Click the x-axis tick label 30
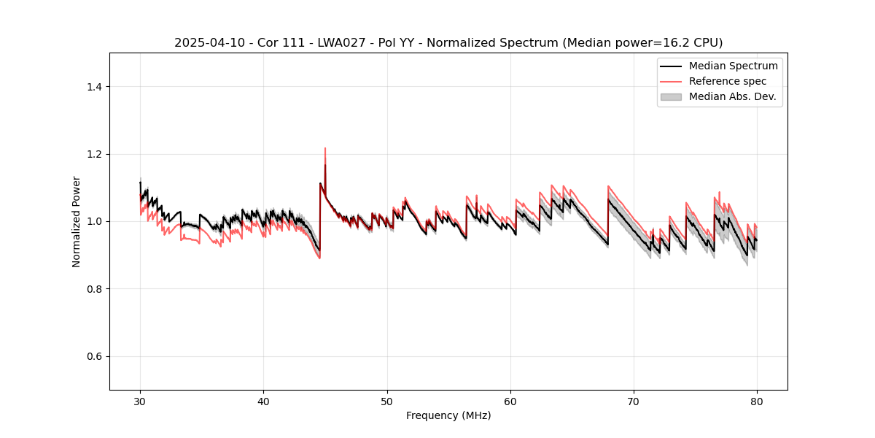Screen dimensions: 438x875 (x=140, y=401)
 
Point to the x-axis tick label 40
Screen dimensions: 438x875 (x=263, y=401)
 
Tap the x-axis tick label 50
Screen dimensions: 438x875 (x=387, y=401)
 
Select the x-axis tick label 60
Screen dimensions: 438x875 (x=510, y=401)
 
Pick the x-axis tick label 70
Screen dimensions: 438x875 (x=634, y=401)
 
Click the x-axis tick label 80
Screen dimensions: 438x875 (x=757, y=401)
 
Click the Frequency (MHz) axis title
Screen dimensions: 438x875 (x=448, y=415)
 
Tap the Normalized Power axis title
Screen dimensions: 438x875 (x=77, y=221)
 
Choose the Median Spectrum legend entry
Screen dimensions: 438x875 (x=733, y=66)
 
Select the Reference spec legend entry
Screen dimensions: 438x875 (x=728, y=81)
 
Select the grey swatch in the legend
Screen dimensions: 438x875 (x=671, y=96)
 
